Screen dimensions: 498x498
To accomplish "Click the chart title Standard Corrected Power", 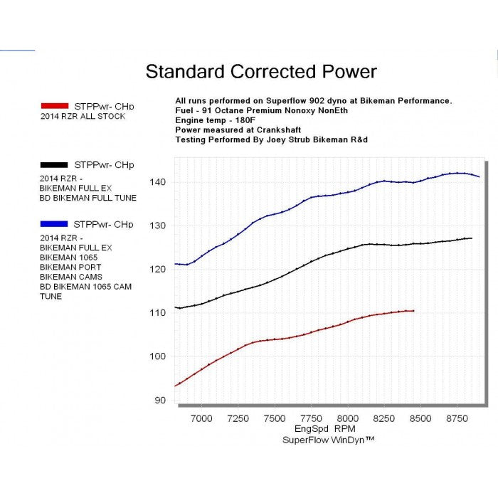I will pos(261,72).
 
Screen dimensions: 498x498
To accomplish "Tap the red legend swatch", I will pos(55,106).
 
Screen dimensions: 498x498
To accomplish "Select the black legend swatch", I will pos(55,165).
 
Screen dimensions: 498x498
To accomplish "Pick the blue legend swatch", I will pos(55,224).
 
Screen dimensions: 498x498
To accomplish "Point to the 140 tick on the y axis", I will pos(158,182).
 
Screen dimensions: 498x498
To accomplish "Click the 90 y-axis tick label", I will pos(161,400).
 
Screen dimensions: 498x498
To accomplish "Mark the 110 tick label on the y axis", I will pos(158,312).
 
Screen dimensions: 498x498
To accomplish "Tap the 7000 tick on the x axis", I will pos(201,418).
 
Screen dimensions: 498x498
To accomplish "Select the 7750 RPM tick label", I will pos(311,418).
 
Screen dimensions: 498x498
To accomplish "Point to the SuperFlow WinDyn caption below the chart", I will pos(328,440).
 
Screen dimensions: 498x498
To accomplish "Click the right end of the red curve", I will pos(413,311).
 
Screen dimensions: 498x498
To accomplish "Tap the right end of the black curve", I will pos(471,238).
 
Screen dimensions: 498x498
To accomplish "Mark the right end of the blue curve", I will pos(479,176).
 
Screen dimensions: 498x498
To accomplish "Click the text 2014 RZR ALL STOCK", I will pos(83,116).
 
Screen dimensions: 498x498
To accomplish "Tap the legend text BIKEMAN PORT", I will pos(70,267).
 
